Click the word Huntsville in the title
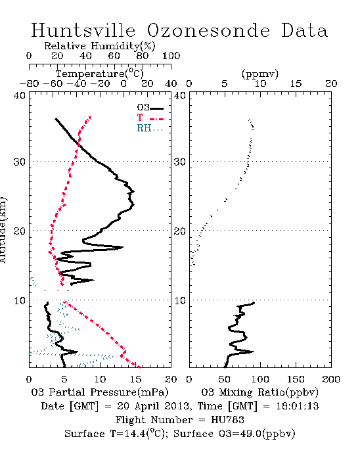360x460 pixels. (x=83, y=30)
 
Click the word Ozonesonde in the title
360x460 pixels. (x=208, y=30)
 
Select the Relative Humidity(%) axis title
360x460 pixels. (x=99, y=46)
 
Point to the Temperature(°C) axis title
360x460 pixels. (x=99, y=74)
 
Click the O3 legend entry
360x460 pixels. (x=150, y=108)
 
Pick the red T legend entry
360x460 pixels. (x=150, y=118)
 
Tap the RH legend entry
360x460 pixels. (x=150, y=128)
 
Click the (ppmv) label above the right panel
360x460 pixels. (x=260, y=74)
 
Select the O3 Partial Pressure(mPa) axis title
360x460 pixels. (x=100, y=392)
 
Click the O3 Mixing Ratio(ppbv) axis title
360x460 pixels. (x=259, y=392)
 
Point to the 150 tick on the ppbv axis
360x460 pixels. (x=296, y=379)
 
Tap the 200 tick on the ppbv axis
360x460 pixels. (x=331, y=379)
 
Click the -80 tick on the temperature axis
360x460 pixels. (x=29, y=84)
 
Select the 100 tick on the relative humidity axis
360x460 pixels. (x=171, y=55)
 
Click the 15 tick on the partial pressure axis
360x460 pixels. (x=135, y=379)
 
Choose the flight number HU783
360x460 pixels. (x=227, y=420)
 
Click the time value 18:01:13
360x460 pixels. (x=298, y=406)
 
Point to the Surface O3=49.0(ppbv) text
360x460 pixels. (x=235, y=434)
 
